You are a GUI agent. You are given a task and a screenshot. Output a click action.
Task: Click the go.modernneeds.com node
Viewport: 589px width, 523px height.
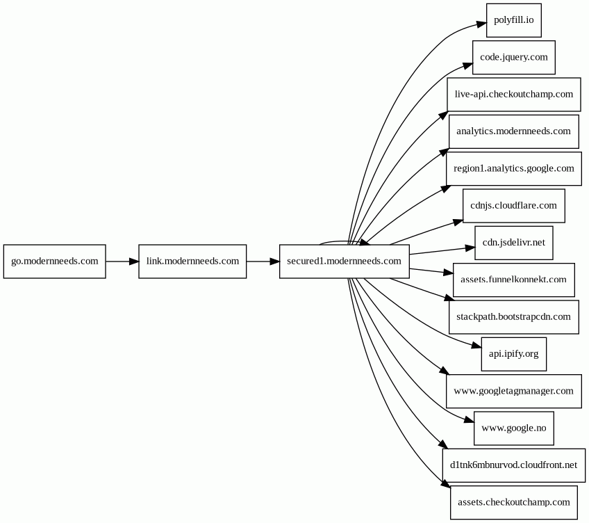54,261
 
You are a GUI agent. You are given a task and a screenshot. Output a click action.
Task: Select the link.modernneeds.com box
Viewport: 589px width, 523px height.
192,261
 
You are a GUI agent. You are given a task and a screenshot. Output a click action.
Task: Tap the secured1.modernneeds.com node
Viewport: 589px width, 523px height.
344,261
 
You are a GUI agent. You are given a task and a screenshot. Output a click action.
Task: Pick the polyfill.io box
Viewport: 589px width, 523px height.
513,20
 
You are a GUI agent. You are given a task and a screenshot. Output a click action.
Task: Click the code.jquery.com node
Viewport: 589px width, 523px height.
513,57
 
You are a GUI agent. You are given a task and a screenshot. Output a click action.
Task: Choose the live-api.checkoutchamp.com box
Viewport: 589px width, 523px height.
513,95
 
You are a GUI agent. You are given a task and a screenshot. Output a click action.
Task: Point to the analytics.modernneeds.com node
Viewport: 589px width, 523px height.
513,131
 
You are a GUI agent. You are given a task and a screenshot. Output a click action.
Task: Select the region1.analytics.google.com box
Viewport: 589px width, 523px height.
513,168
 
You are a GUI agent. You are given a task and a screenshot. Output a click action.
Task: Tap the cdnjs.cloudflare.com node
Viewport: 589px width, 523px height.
513,206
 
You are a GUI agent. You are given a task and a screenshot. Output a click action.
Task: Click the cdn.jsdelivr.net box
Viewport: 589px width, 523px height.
513,243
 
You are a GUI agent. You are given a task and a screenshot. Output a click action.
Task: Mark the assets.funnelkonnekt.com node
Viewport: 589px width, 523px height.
513,280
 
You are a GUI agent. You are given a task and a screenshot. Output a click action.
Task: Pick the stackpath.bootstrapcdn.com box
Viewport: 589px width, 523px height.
513,317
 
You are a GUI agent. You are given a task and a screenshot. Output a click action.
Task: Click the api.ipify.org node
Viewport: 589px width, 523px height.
513,354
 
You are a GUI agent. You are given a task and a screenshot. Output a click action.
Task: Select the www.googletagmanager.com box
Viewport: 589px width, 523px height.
513,392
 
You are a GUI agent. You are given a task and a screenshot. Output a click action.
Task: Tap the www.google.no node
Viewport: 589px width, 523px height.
513,428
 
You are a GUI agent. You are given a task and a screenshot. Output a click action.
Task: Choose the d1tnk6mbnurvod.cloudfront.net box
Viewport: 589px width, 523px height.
513,465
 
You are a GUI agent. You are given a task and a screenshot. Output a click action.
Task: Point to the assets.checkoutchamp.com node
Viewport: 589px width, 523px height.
513,502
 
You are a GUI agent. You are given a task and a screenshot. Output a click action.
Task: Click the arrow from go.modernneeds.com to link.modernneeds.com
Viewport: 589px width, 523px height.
122,261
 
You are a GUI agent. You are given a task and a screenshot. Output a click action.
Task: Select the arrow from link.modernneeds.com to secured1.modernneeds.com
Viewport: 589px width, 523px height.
263,261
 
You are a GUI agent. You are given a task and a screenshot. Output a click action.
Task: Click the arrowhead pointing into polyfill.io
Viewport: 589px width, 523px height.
481,24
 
